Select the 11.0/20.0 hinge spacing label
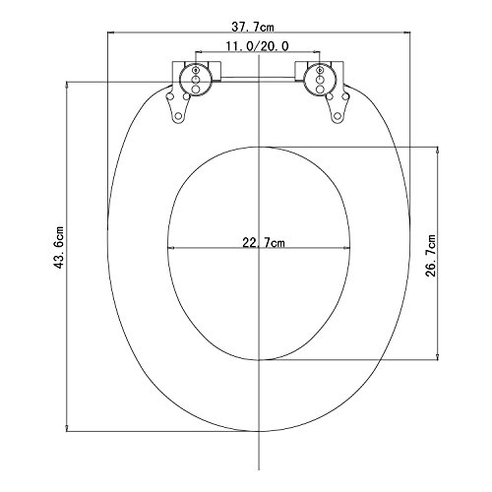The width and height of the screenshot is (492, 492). [x=258, y=45]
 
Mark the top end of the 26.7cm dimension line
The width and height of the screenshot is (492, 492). [x=437, y=148]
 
